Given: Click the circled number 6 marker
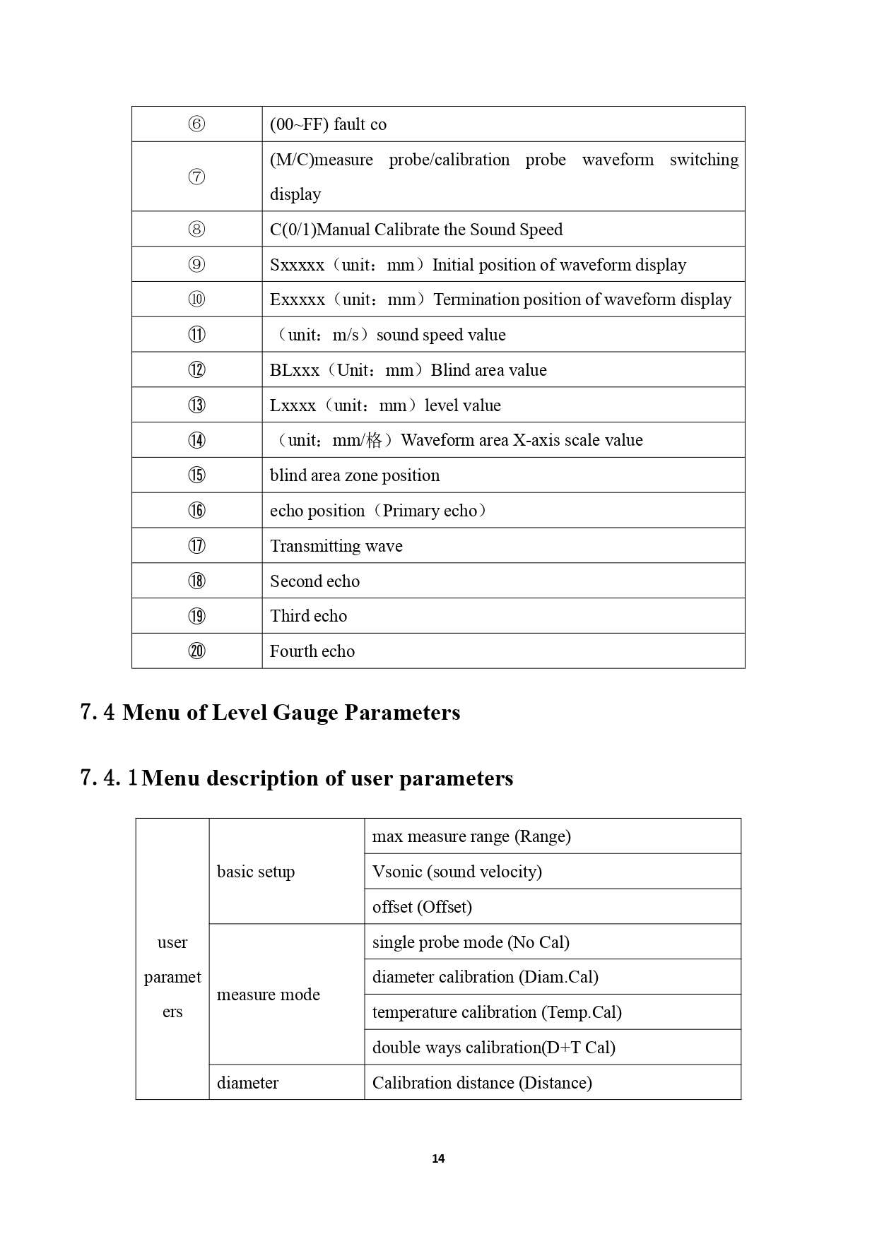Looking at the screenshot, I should [196, 124].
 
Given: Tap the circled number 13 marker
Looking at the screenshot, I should [196, 405].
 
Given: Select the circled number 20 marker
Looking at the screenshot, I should [196, 651].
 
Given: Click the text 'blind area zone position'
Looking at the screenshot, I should [355, 475].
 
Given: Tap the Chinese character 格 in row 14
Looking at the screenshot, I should [375, 441].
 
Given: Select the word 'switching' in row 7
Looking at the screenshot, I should [704, 160].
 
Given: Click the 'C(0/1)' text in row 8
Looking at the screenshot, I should [293, 230].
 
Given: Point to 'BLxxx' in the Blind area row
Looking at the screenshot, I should [295, 370].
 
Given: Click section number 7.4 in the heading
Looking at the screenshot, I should [98, 712].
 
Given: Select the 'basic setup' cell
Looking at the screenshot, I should [256, 872].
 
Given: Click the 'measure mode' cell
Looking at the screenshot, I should [269, 995].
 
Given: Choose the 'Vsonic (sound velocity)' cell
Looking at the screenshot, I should [457, 872].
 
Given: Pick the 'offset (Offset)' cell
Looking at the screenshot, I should [422, 907].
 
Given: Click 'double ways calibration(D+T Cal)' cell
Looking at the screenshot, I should [494, 1048].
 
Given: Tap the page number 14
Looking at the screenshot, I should [438, 1158].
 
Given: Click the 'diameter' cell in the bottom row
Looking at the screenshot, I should [248, 1083].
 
